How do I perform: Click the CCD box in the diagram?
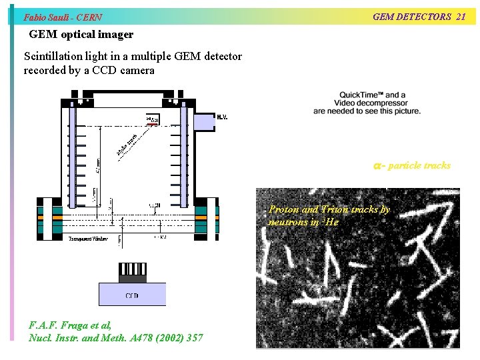click(132, 295)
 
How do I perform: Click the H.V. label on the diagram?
click(222, 117)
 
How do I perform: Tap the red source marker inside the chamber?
click(153, 123)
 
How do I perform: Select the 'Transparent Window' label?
click(87, 239)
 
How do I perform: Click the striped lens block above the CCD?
click(132, 270)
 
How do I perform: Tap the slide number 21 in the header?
click(460, 17)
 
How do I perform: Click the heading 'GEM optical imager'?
click(81, 34)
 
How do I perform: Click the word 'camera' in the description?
click(138, 70)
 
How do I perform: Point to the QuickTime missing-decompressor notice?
click(367, 103)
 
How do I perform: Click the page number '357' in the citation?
click(194, 338)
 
